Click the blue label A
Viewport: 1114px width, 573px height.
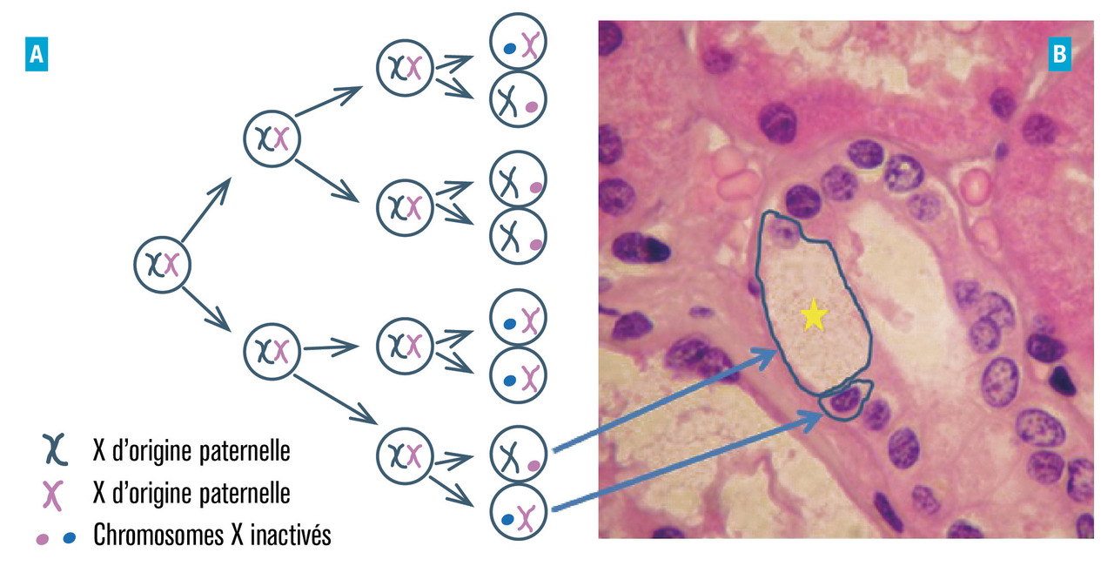tap(36, 57)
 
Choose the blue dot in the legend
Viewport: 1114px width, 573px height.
tap(70, 536)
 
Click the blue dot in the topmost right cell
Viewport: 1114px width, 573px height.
tap(508, 50)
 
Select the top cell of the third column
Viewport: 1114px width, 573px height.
tap(404, 66)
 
